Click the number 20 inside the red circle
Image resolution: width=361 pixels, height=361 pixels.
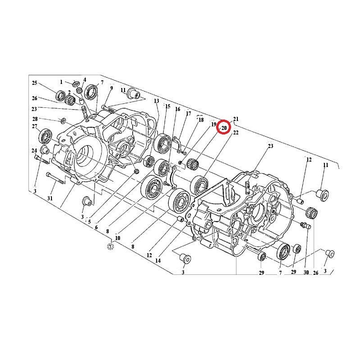click(x=224, y=128)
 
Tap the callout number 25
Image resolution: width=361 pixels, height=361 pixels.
click(x=35, y=83)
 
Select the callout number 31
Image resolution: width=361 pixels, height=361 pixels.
click(x=50, y=198)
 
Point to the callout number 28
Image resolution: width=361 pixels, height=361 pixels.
click(x=35, y=119)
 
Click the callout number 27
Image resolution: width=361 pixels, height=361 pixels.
click(x=35, y=126)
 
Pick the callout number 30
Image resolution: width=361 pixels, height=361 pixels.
click(x=306, y=273)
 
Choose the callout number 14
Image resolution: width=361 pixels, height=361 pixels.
click(x=157, y=261)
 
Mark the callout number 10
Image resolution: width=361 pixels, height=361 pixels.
click(x=117, y=238)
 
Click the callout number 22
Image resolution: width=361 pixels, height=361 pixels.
click(x=236, y=133)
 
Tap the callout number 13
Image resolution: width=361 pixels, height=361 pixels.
click(x=157, y=101)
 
